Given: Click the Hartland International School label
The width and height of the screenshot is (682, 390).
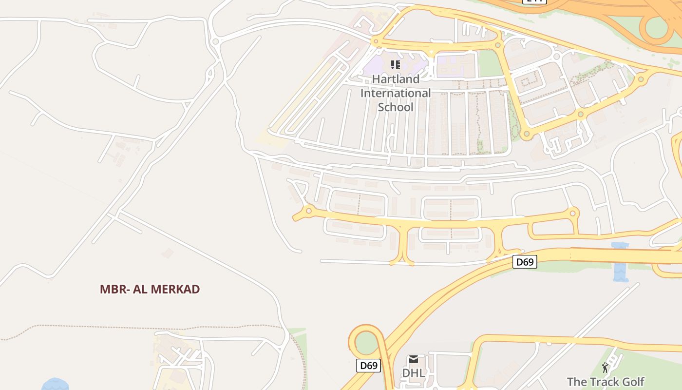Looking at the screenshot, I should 396,93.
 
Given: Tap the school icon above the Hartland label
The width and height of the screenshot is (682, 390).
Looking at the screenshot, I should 396,64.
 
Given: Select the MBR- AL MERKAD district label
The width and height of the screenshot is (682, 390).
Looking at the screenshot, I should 150,289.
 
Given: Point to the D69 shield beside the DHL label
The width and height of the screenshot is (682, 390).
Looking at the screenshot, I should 368,365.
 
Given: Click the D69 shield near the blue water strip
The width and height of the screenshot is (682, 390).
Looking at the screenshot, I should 525,262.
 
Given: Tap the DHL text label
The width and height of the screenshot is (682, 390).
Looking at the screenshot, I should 413,373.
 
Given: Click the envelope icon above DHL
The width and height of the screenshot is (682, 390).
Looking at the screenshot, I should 413,360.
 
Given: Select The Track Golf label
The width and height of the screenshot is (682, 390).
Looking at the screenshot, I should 606,381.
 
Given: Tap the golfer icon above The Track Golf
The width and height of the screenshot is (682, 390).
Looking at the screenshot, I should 606,368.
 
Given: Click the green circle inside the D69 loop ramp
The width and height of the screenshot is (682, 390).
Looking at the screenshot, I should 366,343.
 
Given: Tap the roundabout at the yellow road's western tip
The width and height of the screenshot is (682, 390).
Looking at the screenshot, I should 308,211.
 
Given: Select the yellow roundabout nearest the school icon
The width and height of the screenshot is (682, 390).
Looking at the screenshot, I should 375,41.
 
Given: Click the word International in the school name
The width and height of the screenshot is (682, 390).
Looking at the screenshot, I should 396,93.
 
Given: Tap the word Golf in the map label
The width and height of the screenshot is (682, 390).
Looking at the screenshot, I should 631,381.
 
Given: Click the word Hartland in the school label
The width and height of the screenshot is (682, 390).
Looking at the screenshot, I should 396,79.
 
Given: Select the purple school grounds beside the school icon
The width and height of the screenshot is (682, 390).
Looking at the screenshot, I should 375,66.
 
